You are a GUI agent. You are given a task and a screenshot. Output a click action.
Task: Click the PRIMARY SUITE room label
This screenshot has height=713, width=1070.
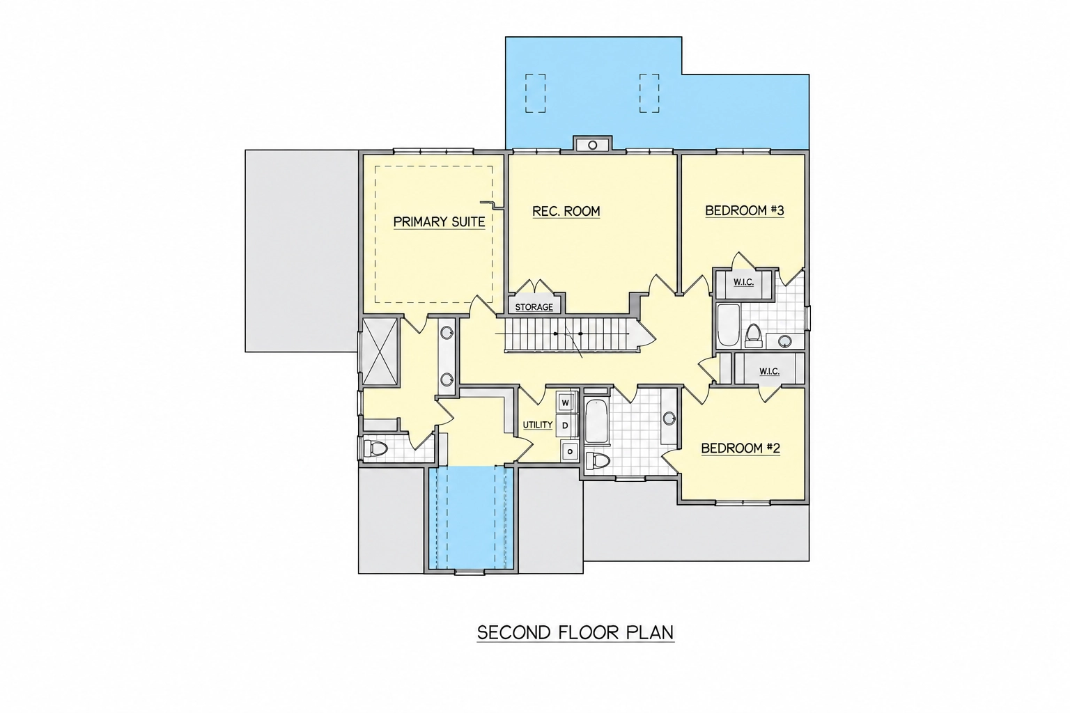pos(439,221)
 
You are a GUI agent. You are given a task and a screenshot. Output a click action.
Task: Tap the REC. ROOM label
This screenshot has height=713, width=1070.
pos(566,211)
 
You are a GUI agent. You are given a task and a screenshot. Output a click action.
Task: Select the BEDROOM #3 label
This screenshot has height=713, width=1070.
pos(745,210)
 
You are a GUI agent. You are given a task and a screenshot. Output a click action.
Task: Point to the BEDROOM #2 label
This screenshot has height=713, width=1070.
pos(741,448)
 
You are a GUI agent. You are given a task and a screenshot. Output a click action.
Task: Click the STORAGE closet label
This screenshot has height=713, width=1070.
pos(534,307)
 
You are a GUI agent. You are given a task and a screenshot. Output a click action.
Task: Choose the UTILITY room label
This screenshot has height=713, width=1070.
pos(537,425)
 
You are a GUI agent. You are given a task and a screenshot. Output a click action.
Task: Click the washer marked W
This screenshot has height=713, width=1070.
pos(566,402)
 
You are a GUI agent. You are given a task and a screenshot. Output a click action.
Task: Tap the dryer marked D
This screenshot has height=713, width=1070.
pos(565,425)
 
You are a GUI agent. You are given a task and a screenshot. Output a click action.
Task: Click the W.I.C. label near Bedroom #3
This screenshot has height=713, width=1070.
pos(744,282)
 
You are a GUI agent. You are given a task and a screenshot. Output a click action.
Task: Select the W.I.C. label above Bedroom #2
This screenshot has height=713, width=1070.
pos(769,371)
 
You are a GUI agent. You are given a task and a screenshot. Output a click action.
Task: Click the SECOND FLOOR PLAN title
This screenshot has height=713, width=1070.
pos(575,632)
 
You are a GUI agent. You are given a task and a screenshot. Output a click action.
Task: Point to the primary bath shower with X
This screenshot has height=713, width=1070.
pos(380,352)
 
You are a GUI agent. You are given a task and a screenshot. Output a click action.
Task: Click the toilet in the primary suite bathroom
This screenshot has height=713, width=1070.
pos(375,448)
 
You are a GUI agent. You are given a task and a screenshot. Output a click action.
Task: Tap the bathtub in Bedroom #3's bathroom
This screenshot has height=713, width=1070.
pos(729,324)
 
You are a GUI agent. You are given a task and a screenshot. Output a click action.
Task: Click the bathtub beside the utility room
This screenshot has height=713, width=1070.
pos(596,422)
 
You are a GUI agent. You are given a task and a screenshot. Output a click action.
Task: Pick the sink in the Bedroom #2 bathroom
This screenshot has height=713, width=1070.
pos(669,419)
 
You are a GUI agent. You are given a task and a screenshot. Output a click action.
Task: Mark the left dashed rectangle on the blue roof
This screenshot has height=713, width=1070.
pos(536,93)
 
